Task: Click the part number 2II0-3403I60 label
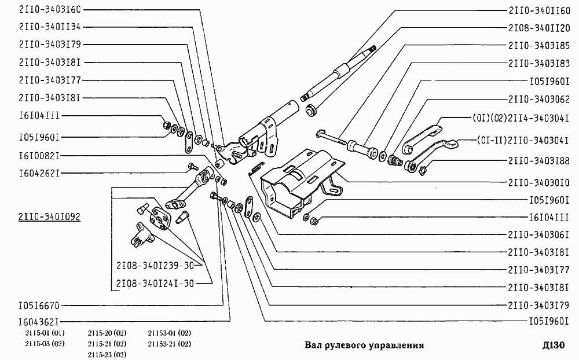pos(50,10)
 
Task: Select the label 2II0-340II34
pos(50,27)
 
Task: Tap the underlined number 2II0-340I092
pos(49,217)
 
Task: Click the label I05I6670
pos(39,305)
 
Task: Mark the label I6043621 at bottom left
pos(39,321)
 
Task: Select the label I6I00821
pos(39,156)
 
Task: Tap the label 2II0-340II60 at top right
pos(539,10)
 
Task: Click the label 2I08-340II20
pos(539,27)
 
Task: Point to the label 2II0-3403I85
pos(539,45)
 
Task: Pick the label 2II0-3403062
pos(539,99)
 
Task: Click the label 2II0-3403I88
pos(539,160)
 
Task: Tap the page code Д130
pos(553,346)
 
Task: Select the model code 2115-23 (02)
pos(107,354)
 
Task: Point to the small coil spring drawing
pos(253,168)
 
